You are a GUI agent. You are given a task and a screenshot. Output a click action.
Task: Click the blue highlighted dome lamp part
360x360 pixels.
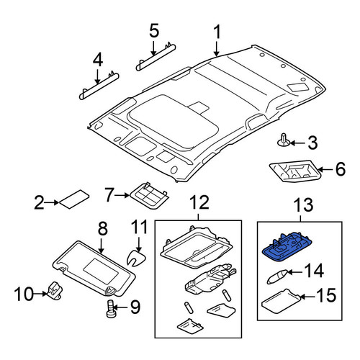pyautogui.click(x=287, y=247)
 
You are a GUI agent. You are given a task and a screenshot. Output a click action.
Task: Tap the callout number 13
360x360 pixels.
pyautogui.click(x=303, y=204)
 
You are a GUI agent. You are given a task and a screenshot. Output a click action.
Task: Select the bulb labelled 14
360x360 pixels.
pyautogui.click(x=277, y=276)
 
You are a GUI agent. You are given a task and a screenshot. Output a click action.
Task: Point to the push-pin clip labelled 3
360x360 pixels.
pyautogui.click(x=283, y=140)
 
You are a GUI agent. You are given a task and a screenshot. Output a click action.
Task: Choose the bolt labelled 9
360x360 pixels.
pyautogui.click(x=111, y=309)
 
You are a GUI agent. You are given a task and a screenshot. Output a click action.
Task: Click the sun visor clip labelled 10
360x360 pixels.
pyautogui.click(x=55, y=291)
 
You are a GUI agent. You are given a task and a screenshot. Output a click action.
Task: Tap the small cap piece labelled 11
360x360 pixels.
pyautogui.click(x=136, y=258)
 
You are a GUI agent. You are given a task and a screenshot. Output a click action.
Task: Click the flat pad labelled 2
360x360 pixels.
pyautogui.click(x=74, y=199)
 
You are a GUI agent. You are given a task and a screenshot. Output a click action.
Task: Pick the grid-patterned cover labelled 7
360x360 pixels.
pyautogui.click(x=149, y=195)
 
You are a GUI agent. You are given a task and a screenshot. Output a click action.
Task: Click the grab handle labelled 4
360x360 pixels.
pyautogui.click(x=99, y=86)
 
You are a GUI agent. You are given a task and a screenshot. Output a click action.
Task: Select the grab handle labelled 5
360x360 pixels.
pyautogui.click(x=156, y=57)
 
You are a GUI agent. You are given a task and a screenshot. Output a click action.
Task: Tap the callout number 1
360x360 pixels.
pyautogui.click(x=217, y=32)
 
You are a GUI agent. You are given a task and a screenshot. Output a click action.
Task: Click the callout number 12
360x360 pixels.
pyautogui.click(x=200, y=202)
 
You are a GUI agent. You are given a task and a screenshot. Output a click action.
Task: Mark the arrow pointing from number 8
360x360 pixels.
pyautogui.click(x=102, y=246)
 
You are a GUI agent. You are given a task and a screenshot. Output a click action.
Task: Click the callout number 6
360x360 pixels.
pyautogui.click(x=340, y=169)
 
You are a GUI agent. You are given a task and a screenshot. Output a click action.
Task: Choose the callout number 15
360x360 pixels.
pyautogui.click(x=326, y=295)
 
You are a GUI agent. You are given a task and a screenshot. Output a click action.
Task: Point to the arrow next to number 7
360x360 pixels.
pyautogui.click(x=122, y=196)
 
